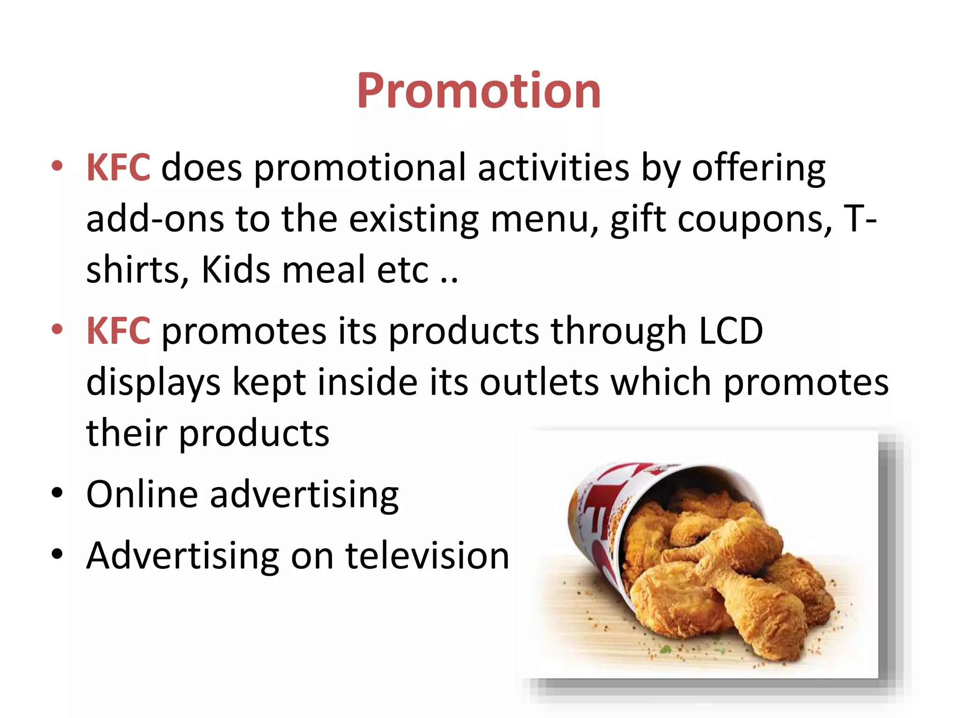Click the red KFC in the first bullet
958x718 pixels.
click(x=118, y=168)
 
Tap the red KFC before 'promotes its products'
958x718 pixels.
click(x=118, y=331)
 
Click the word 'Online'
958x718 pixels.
click(x=142, y=495)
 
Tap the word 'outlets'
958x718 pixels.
click(x=539, y=382)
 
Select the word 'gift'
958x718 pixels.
click(x=638, y=220)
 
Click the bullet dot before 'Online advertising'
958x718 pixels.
click(x=57, y=493)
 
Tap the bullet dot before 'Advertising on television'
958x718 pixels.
click(x=57, y=554)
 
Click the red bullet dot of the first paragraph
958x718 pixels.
click(x=57, y=166)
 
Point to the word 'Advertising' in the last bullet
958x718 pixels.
click(x=183, y=556)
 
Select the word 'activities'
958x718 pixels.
click(x=553, y=168)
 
